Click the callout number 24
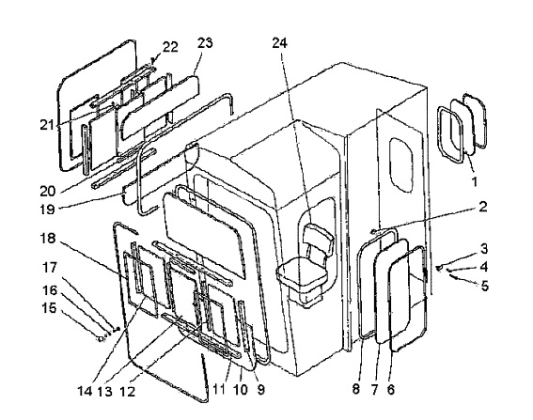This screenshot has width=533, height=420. click(x=279, y=43)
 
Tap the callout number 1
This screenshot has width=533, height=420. click(x=475, y=181)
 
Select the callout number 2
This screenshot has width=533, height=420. click(x=483, y=207)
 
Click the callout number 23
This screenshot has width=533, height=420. click(x=205, y=43)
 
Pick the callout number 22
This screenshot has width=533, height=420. click(x=170, y=47)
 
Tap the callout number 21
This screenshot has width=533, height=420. click(x=47, y=125)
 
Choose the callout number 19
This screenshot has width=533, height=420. click(x=47, y=209)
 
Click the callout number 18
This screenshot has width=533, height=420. click(x=48, y=239)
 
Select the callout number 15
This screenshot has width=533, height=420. click(x=49, y=308)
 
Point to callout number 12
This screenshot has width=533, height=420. click(x=128, y=391)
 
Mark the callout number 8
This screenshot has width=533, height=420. click(x=356, y=389)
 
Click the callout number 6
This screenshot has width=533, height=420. click(x=391, y=389)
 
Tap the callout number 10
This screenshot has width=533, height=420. click(x=241, y=389)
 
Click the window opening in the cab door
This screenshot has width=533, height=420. click(x=401, y=163)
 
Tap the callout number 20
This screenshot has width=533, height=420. click(x=48, y=192)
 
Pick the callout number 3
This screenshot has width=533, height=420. click(x=484, y=249)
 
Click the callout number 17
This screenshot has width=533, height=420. click(x=49, y=268)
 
